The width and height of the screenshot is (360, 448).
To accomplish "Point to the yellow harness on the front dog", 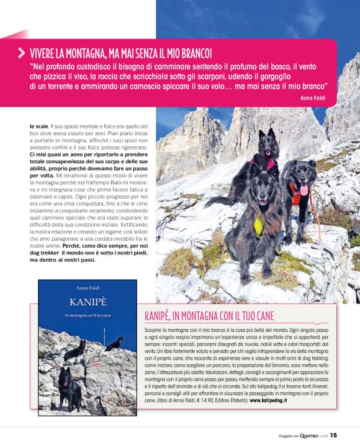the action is (x=258, y=225).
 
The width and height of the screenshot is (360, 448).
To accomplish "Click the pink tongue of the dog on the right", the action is (x=304, y=189).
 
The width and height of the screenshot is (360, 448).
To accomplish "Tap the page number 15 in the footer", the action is (x=333, y=434).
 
